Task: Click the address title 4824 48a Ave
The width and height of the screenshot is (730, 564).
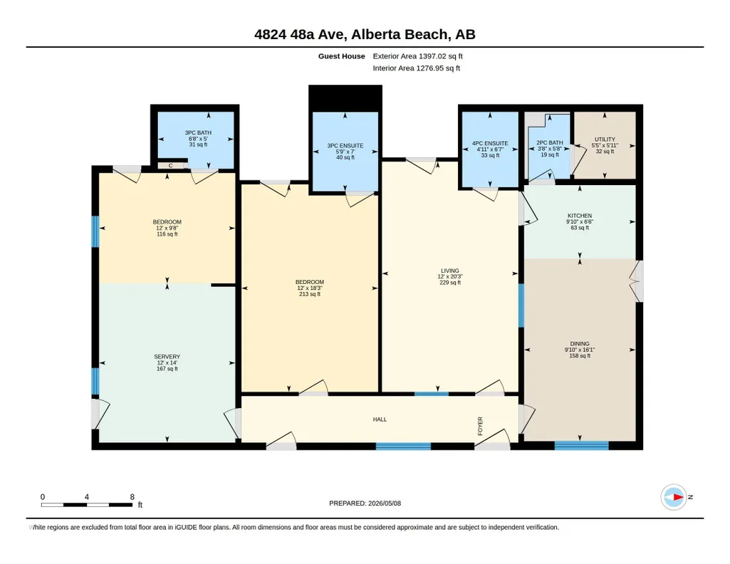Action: click(300, 34)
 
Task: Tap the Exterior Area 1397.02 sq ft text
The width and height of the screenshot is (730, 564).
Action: click(417, 56)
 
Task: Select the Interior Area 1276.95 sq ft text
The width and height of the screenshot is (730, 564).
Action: click(416, 68)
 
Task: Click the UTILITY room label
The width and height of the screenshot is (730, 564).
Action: click(605, 139)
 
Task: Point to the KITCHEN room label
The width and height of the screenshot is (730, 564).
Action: click(580, 216)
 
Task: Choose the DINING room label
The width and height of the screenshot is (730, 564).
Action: click(580, 344)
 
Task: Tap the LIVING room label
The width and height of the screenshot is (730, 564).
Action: click(449, 271)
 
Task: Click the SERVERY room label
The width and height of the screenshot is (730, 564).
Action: click(167, 357)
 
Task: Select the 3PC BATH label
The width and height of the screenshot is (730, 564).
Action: click(198, 132)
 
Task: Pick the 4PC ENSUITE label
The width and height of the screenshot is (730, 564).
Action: click(490, 143)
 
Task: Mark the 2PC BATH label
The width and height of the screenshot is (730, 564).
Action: click(549, 143)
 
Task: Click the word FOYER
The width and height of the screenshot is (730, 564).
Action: click(480, 427)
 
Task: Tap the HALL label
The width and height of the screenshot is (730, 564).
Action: click(380, 419)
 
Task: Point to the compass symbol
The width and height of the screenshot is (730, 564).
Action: click(674, 497)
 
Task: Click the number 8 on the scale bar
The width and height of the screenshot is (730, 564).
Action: click(132, 497)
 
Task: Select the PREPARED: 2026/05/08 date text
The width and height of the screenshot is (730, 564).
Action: click(365, 503)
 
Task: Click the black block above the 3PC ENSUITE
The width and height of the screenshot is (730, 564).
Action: click(345, 98)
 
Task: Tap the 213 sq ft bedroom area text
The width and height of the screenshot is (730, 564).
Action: click(310, 294)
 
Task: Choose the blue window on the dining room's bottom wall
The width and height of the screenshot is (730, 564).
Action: click(581, 445)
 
